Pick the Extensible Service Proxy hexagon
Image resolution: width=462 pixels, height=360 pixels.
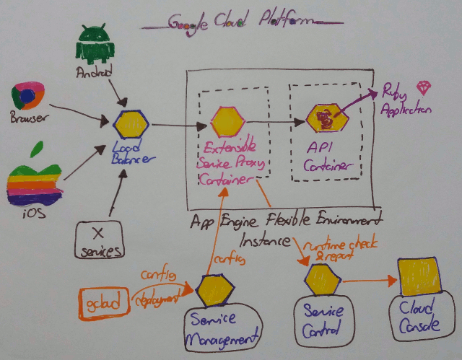pos(226,120)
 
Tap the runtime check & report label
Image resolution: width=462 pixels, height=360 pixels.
pos(338,250)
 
